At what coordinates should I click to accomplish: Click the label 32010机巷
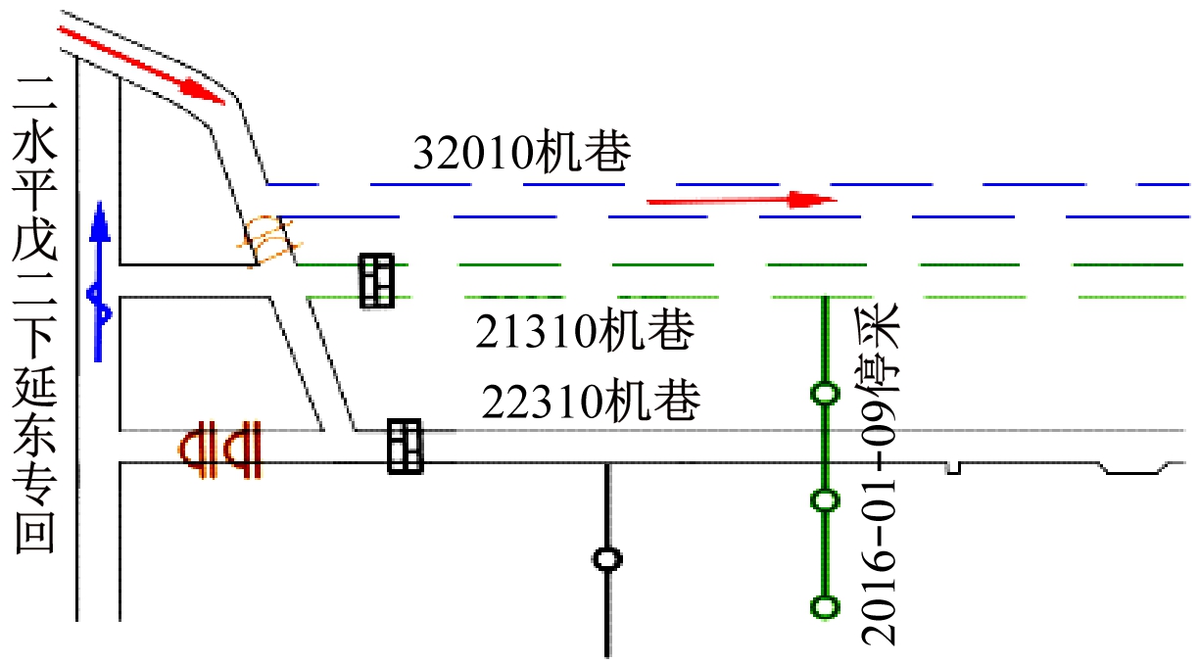(522, 152)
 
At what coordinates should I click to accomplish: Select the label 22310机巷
(591, 401)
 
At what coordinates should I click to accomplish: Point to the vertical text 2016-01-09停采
(879, 475)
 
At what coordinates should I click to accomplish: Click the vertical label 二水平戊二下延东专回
(35, 314)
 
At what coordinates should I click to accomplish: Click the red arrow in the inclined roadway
(141, 66)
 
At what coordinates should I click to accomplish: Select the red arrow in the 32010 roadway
(742, 200)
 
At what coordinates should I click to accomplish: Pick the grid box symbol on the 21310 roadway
(377, 280)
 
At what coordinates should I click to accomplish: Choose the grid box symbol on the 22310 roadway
(405, 447)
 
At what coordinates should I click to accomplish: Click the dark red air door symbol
(220, 450)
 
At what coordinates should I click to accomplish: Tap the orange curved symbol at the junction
(268, 241)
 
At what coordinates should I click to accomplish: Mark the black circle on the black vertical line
(607, 559)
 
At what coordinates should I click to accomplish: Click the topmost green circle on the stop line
(825, 394)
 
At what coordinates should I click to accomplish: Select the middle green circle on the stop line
(825, 499)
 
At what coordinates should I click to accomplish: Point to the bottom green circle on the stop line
(825, 607)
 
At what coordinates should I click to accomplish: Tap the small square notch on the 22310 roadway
(953, 467)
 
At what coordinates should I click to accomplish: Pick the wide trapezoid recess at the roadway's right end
(1133, 467)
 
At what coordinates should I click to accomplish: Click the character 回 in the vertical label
(35, 533)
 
